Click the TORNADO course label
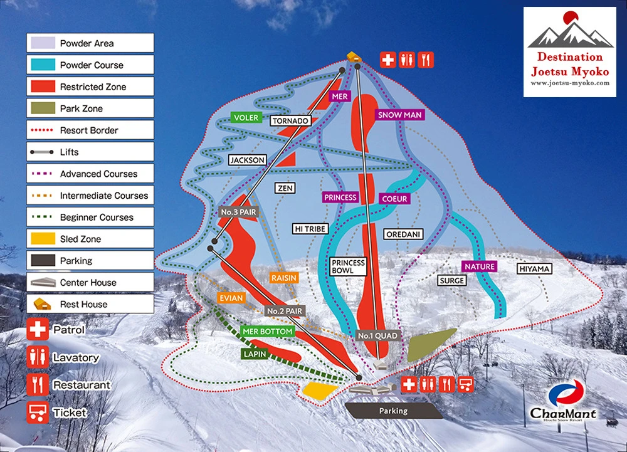tap(290, 120)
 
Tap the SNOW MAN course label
tap(399, 115)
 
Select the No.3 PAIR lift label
tap(239, 212)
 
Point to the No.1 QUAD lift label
tap(377, 335)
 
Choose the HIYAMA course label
tap(534, 269)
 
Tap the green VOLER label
tap(245, 117)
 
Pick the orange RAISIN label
tap(283, 278)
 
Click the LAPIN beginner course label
tap(255, 354)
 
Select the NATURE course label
tap(480, 266)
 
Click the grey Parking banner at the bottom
tap(393, 411)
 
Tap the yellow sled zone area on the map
tap(320, 389)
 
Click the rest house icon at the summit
tap(354, 57)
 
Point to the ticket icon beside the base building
tap(466, 384)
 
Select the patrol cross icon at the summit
tap(388, 60)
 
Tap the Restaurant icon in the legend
tap(38, 384)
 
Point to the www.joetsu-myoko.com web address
tap(569, 83)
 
